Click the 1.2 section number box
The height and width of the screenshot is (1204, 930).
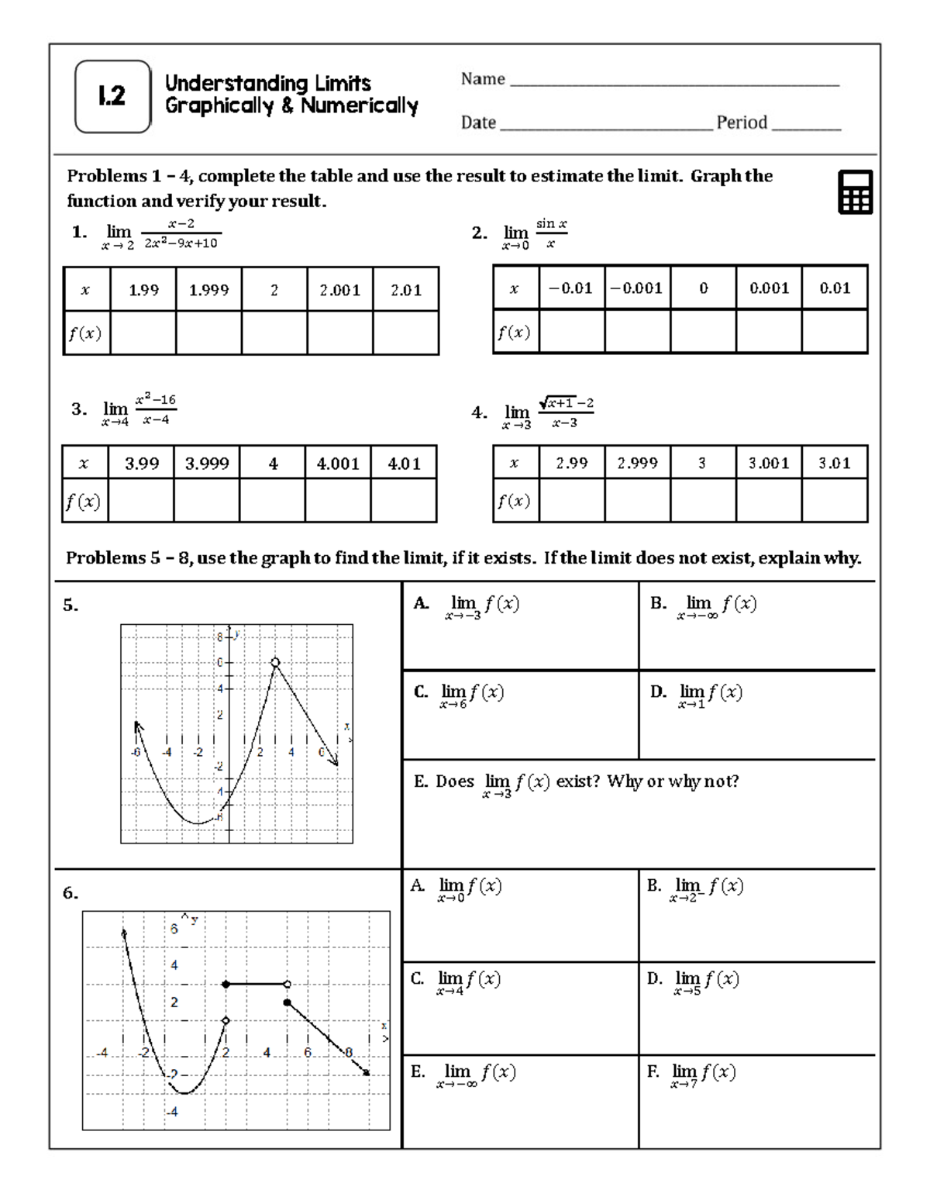coord(112,96)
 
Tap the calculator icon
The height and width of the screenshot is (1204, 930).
coord(855,191)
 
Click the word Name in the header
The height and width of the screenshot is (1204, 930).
coord(483,79)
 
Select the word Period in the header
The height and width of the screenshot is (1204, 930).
coord(742,122)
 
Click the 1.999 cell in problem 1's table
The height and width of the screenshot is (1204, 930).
coord(208,290)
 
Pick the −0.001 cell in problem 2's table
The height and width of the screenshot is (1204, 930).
coord(636,288)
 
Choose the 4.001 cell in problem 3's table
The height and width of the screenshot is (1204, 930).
coord(338,464)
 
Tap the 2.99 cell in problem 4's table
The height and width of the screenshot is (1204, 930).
coord(571,463)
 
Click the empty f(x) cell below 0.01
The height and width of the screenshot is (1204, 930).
coord(835,332)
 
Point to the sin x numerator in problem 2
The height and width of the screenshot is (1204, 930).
coord(551,224)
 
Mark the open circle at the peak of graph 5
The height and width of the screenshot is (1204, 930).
coord(275,662)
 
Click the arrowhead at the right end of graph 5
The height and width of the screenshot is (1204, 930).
coord(335,762)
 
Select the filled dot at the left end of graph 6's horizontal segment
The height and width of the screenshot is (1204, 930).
coord(226,984)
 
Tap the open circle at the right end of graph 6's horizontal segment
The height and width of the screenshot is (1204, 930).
coord(288,984)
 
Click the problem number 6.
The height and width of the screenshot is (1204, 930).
coord(70,893)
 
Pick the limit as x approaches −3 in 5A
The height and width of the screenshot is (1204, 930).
coord(480,606)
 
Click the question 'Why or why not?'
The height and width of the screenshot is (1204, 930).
coord(673,781)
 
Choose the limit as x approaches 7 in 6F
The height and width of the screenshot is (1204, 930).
coord(702,1075)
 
